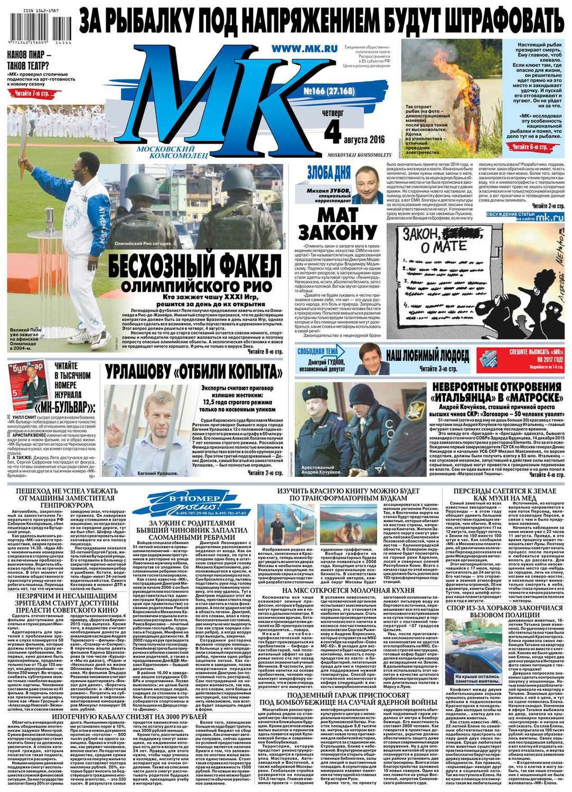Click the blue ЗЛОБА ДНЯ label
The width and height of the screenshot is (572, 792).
click(x=328, y=172)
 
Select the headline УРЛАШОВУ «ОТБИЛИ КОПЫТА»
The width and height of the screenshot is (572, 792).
click(x=193, y=372)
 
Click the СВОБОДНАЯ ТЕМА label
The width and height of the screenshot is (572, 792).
click(x=317, y=352)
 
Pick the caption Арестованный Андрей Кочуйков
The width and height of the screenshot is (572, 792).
click(x=321, y=469)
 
